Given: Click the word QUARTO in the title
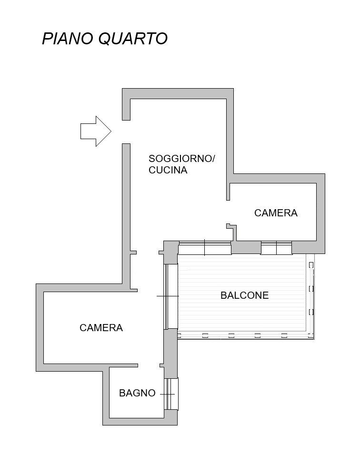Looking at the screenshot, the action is coord(133,39).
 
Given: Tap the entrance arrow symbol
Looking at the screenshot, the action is coord(96,131).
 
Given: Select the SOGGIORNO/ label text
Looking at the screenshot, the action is coord(181,158).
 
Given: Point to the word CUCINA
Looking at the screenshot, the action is coord(168,170).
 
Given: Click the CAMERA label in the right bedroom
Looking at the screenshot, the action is coord(276,213).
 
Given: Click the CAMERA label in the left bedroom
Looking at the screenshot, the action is coord(101,327).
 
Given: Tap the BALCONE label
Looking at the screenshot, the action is coord(244,295).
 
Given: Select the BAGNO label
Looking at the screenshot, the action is coord(137,393).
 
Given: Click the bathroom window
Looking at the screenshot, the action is coord(171,394).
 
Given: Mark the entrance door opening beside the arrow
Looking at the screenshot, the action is coord(126,132).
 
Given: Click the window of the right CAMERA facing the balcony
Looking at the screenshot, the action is coord(276,248).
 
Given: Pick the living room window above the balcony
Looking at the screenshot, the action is coord(205,248).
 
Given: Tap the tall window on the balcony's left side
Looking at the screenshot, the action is coord(171,296).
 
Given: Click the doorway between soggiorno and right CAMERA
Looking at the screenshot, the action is coord(228,212).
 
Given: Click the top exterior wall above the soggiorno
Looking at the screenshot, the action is coord(178,93).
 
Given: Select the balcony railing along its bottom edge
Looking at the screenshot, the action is coord(246,335).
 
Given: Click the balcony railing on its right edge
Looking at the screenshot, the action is coord(310,296).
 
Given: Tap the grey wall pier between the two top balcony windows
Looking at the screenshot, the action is coord(246,247).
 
